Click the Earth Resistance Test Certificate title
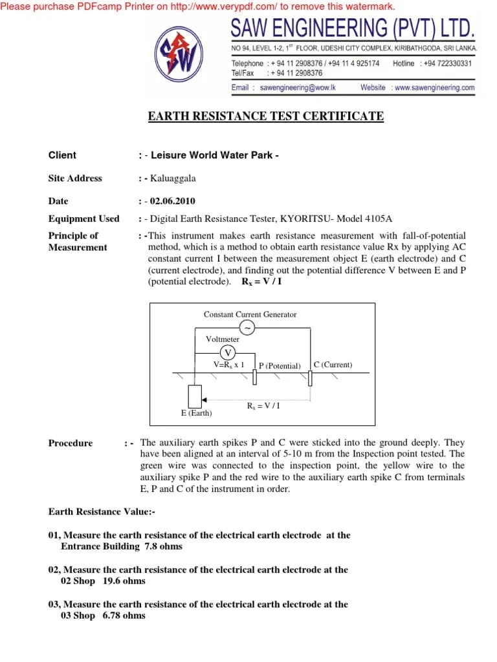pyautogui.click(x=266, y=116)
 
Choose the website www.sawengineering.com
pyautogui.click(x=434, y=87)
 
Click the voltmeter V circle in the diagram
pyautogui.click(x=227, y=352)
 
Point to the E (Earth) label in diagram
pyautogui.click(x=196, y=413)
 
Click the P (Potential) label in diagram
pyautogui.click(x=280, y=366)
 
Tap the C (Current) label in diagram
pyautogui.click(x=333, y=365)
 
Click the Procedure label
pyautogui.click(x=71, y=443)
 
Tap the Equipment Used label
pyautogui.click(x=84, y=219)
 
